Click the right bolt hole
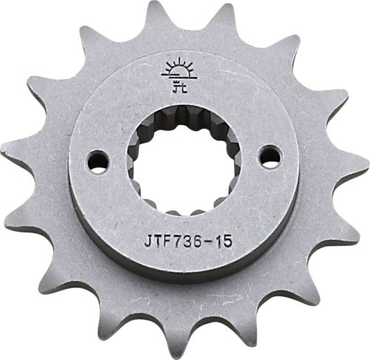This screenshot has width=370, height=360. (x=271, y=154)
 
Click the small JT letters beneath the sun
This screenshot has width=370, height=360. (x=178, y=88)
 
